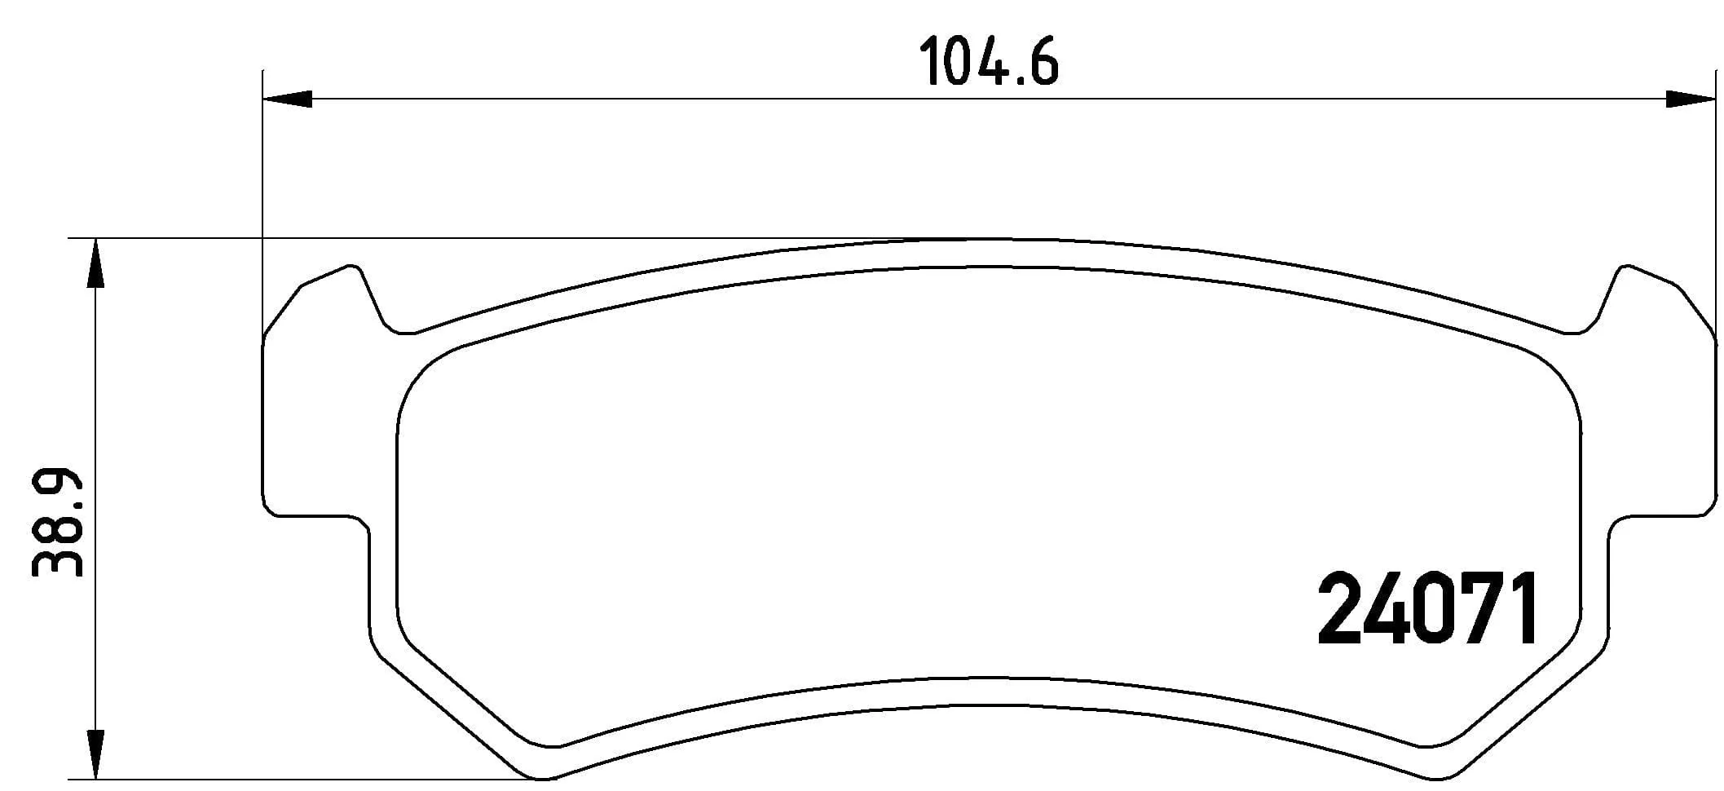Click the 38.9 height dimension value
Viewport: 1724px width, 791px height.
[58, 523]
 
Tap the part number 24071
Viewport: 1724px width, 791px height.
[1428, 608]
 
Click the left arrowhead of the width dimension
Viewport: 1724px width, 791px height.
[288, 99]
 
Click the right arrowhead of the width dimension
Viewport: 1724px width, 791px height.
[1690, 99]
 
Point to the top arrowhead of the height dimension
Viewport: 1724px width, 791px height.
[96, 263]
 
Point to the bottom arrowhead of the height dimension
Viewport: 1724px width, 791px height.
[96, 754]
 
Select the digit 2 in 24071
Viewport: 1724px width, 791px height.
[1340, 608]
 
